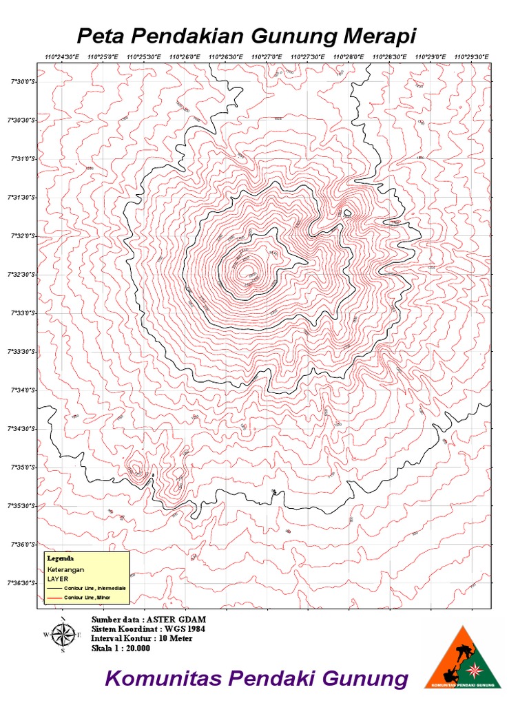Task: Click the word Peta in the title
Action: point(94,36)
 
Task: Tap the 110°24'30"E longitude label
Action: point(61,57)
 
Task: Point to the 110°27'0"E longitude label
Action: point(266,57)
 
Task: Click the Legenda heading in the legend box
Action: point(60,558)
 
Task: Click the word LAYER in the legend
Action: point(57,579)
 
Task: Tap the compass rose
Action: point(63,635)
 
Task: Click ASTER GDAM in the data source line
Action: point(176,620)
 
